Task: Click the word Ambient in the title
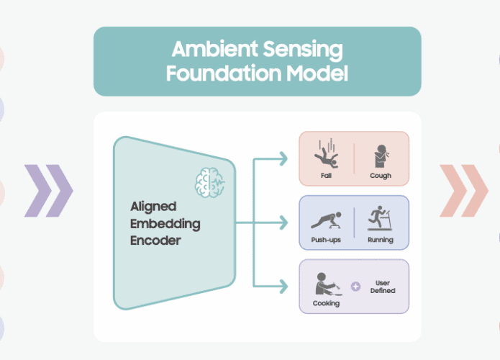(x=214, y=49)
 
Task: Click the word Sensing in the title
(x=303, y=50)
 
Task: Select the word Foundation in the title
(x=224, y=73)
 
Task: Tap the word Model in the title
(x=317, y=73)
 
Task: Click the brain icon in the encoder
(x=210, y=182)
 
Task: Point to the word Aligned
(x=153, y=207)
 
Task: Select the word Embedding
(x=165, y=224)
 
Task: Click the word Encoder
(x=155, y=240)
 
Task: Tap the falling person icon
(x=326, y=154)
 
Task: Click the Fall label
(x=326, y=176)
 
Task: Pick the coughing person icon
(x=381, y=156)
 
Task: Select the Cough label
(x=381, y=176)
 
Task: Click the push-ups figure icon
(x=326, y=220)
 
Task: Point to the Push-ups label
(x=326, y=240)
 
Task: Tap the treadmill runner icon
(x=379, y=218)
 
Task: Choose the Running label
(x=381, y=240)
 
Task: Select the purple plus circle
(x=356, y=287)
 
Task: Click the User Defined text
(x=383, y=287)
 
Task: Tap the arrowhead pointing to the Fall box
(x=283, y=158)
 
